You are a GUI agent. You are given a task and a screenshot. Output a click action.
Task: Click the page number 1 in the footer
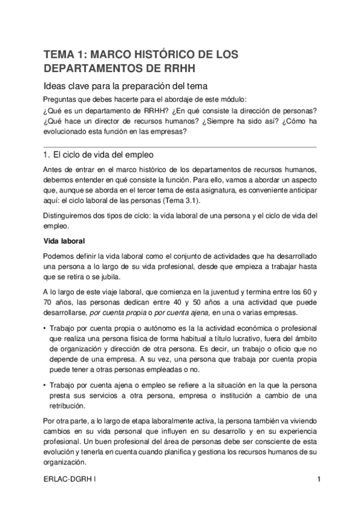319,479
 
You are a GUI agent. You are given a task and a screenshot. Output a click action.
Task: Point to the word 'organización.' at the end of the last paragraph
65,462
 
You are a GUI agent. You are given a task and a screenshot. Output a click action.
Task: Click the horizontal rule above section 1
180,146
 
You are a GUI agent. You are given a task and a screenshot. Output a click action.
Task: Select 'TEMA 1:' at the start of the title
64,55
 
